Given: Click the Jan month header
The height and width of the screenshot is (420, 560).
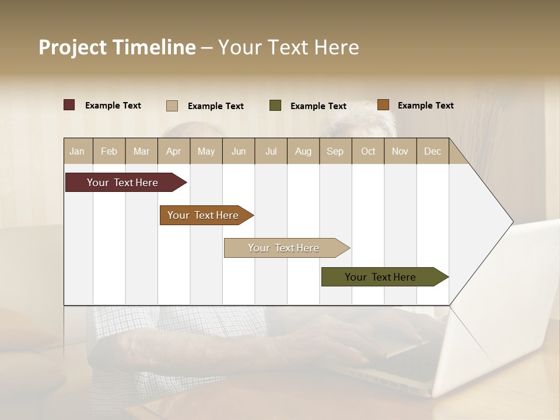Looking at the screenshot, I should (x=78, y=151).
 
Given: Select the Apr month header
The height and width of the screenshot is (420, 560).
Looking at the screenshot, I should (x=173, y=151).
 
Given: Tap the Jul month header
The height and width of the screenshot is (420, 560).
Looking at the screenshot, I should (x=271, y=151).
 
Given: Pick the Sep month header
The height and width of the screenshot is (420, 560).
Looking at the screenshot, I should (x=335, y=151).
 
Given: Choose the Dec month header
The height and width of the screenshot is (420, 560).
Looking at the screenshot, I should (x=432, y=151).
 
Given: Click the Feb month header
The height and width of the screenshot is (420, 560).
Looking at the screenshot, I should (x=109, y=151).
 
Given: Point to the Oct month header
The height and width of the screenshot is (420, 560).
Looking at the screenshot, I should (x=367, y=151).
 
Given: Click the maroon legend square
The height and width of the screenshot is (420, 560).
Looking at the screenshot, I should (x=69, y=105).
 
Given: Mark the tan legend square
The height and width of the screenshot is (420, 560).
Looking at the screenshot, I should (x=172, y=106).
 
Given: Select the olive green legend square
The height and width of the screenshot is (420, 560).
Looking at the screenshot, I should (x=275, y=106).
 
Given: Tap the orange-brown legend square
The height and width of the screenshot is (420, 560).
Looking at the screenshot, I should (x=383, y=105).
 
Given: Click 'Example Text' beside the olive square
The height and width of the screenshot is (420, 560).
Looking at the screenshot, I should (x=318, y=106).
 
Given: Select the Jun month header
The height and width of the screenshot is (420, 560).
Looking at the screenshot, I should (x=238, y=151).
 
